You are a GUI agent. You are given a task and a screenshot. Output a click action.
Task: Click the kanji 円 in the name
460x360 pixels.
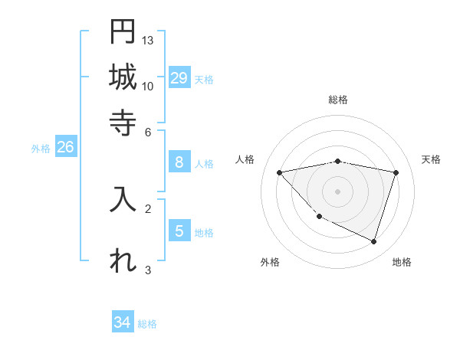[x=123, y=31]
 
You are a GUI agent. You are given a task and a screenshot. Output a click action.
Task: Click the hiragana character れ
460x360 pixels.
[x=123, y=260]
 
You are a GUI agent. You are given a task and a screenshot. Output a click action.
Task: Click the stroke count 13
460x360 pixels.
[x=148, y=40]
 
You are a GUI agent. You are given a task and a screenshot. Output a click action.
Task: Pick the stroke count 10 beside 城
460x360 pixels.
[x=148, y=86]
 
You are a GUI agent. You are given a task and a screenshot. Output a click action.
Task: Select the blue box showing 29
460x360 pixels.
[x=179, y=77]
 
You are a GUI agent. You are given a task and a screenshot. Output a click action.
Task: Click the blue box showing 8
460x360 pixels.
[x=179, y=162]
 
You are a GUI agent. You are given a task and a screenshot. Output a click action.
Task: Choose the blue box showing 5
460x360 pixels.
[x=179, y=231]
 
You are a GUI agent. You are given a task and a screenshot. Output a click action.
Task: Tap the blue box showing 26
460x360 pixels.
[x=65, y=147]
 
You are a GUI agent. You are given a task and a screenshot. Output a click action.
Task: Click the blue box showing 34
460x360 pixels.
[x=123, y=322]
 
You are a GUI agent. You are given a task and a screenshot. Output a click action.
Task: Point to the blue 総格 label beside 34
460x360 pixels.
[x=147, y=324]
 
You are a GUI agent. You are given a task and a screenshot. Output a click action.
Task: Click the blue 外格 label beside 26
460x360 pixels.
[x=41, y=149]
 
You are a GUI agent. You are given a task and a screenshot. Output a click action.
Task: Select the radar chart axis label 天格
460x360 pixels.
[x=431, y=159]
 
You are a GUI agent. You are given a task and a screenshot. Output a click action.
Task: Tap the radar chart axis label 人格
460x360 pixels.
[x=245, y=159]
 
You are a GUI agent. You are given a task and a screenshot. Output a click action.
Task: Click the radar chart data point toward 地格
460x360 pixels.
[x=373, y=241]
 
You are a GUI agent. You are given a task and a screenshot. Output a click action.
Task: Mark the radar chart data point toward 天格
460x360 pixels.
[x=396, y=172]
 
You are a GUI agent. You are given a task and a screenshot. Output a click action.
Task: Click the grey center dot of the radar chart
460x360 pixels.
[x=337, y=191]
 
